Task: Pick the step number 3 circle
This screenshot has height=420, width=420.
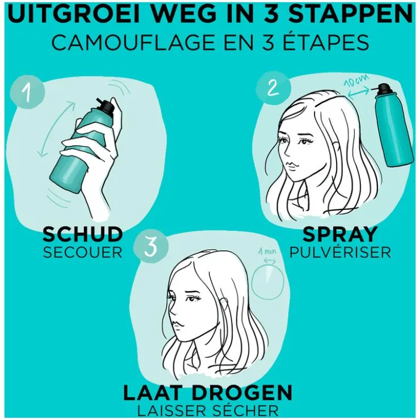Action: (x=151, y=246)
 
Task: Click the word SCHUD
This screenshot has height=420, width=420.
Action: (x=82, y=234)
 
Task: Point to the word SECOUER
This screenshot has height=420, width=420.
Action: (x=82, y=253)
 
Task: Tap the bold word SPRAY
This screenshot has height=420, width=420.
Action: (x=340, y=234)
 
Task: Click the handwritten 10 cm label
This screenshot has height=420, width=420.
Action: (x=356, y=81)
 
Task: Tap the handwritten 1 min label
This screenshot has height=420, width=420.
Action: (x=267, y=251)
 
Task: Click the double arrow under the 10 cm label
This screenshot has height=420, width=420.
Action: (x=358, y=93)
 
